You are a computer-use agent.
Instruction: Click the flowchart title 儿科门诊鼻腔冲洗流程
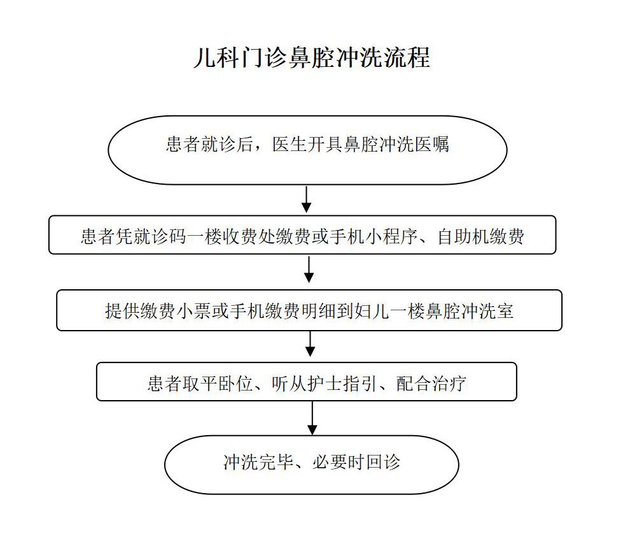click(x=312, y=58)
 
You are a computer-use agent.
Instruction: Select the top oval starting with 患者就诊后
click(x=307, y=150)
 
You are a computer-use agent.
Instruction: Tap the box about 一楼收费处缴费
click(x=302, y=234)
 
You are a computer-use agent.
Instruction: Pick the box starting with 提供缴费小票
click(x=309, y=310)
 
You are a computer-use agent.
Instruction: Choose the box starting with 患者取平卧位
click(x=307, y=382)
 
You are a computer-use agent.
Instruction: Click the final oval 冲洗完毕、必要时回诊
click(x=312, y=464)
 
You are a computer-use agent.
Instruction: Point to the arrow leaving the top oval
click(x=306, y=199)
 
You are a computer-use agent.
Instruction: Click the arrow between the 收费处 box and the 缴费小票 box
click(x=309, y=269)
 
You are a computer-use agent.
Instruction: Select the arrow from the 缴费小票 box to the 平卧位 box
click(x=310, y=344)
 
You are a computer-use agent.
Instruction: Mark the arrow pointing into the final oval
click(x=312, y=418)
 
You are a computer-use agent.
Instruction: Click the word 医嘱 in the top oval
click(x=432, y=144)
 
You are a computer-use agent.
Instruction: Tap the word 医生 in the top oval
click(x=290, y=144)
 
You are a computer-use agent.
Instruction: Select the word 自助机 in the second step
click(x=463, y=236)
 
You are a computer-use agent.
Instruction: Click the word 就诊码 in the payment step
click(x=159, y=236)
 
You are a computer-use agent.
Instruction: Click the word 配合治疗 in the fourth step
click(x=431, y=384)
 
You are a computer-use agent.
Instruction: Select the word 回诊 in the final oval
click(x=383, y=462)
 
